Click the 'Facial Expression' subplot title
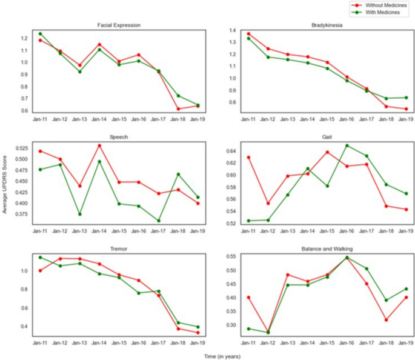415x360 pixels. coord(119,25)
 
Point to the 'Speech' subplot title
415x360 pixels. coord(119,137)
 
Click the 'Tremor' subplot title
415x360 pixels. coord(119,248)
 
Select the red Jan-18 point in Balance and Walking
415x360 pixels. coord(386,319)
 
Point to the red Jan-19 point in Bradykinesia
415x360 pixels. coord(406,109)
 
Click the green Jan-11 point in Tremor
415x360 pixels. coord(40,257)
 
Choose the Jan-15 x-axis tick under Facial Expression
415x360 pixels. coord(119,120)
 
